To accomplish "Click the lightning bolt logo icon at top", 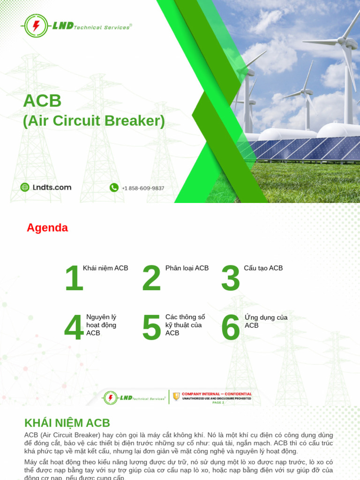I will coord(36,26).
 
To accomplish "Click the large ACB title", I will coord(42,101).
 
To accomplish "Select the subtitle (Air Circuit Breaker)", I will coord(94,121).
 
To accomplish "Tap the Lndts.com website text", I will coord(52,187).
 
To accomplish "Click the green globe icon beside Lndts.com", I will coord(25,187).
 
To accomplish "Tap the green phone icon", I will coord(114,187).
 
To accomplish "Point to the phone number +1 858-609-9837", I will coord(143,188).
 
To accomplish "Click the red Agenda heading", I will coord(47,228).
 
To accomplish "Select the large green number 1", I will coord(74,279).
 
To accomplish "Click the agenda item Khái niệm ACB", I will coord(105,268).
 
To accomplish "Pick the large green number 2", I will coord(151,279).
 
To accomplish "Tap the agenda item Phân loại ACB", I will coord(187,268).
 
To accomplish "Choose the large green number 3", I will coord(230,279).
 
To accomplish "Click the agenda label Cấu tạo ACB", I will coord(263,268).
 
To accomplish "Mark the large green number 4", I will coord(74,328).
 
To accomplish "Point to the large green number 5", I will coord(151,328).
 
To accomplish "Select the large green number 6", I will coord(230,328).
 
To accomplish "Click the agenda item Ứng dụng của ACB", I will coord(266,321).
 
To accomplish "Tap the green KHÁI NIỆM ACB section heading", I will coord(67,423).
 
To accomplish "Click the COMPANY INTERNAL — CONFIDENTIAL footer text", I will coord(217,394).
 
